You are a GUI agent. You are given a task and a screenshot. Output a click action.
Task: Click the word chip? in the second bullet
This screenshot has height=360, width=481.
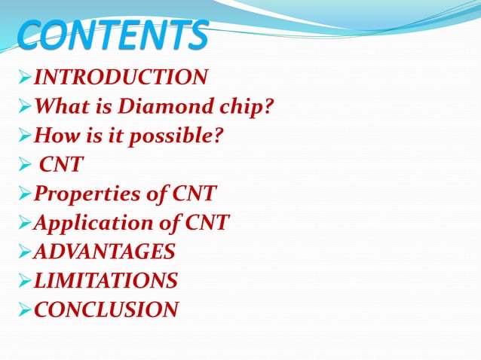[x=245, y=107]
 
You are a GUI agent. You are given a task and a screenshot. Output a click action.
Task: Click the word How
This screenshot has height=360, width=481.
[x=54, y=136]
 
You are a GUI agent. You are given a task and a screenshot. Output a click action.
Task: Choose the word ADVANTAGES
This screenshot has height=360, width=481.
[x=105, y=252]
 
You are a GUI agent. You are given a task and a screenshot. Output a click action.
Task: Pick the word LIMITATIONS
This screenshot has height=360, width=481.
[x=106, y=281]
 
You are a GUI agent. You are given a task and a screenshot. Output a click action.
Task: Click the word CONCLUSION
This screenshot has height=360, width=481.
[x=106, y=310]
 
